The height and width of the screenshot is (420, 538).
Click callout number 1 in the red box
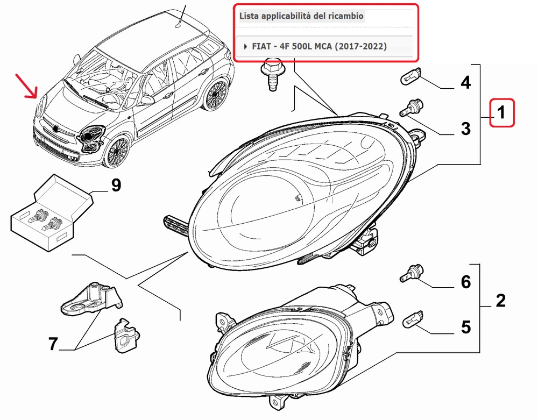point(501,113)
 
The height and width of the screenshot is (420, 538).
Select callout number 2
point(500,301)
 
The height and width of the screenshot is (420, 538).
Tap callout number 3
point(465,129)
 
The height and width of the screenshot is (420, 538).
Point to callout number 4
point(465,83)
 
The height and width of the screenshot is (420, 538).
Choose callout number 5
point(465,326)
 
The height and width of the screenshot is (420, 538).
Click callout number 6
point(465,281)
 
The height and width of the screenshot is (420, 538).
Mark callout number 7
point(53,344)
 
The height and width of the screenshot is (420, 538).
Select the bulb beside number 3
point(411,107)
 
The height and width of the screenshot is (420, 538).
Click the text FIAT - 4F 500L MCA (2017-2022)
point(319,46)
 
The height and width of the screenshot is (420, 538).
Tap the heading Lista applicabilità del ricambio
point(302,16)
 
